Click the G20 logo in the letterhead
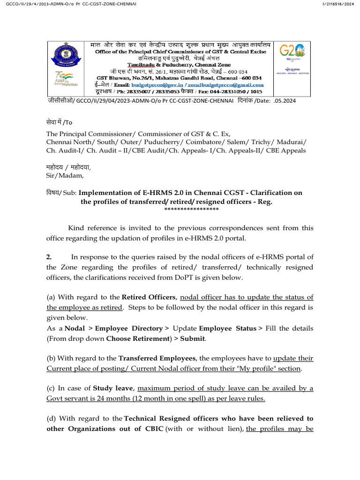coord(292,51)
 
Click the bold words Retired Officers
coord(149,297)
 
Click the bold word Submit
coord(192,338)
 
